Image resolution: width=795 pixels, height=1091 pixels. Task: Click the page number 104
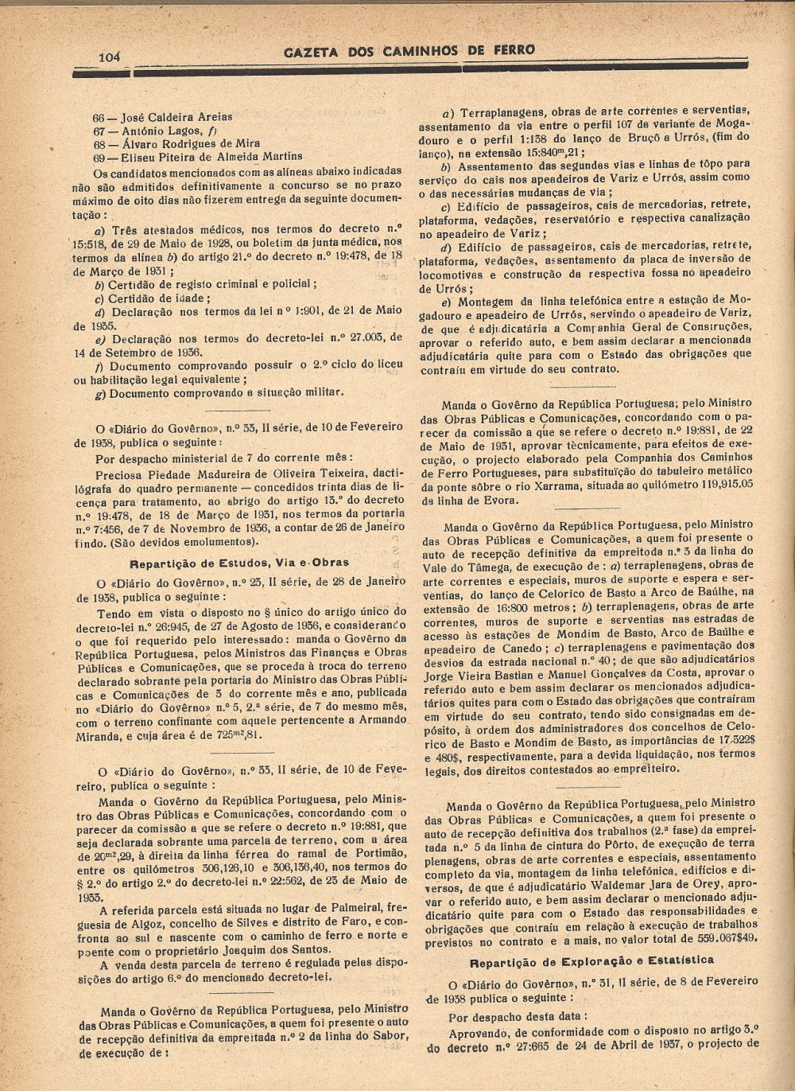coord(108,56)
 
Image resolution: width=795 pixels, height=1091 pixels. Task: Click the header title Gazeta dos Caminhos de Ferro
coord(409,50)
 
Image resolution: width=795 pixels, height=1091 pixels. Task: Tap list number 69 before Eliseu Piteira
coord(100,157)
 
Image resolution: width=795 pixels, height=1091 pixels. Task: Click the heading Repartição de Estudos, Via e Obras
coord(239,562)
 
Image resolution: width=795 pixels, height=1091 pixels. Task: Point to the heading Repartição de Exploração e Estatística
coord(591,960)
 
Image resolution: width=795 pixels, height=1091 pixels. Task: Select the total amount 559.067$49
coord(720,938)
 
